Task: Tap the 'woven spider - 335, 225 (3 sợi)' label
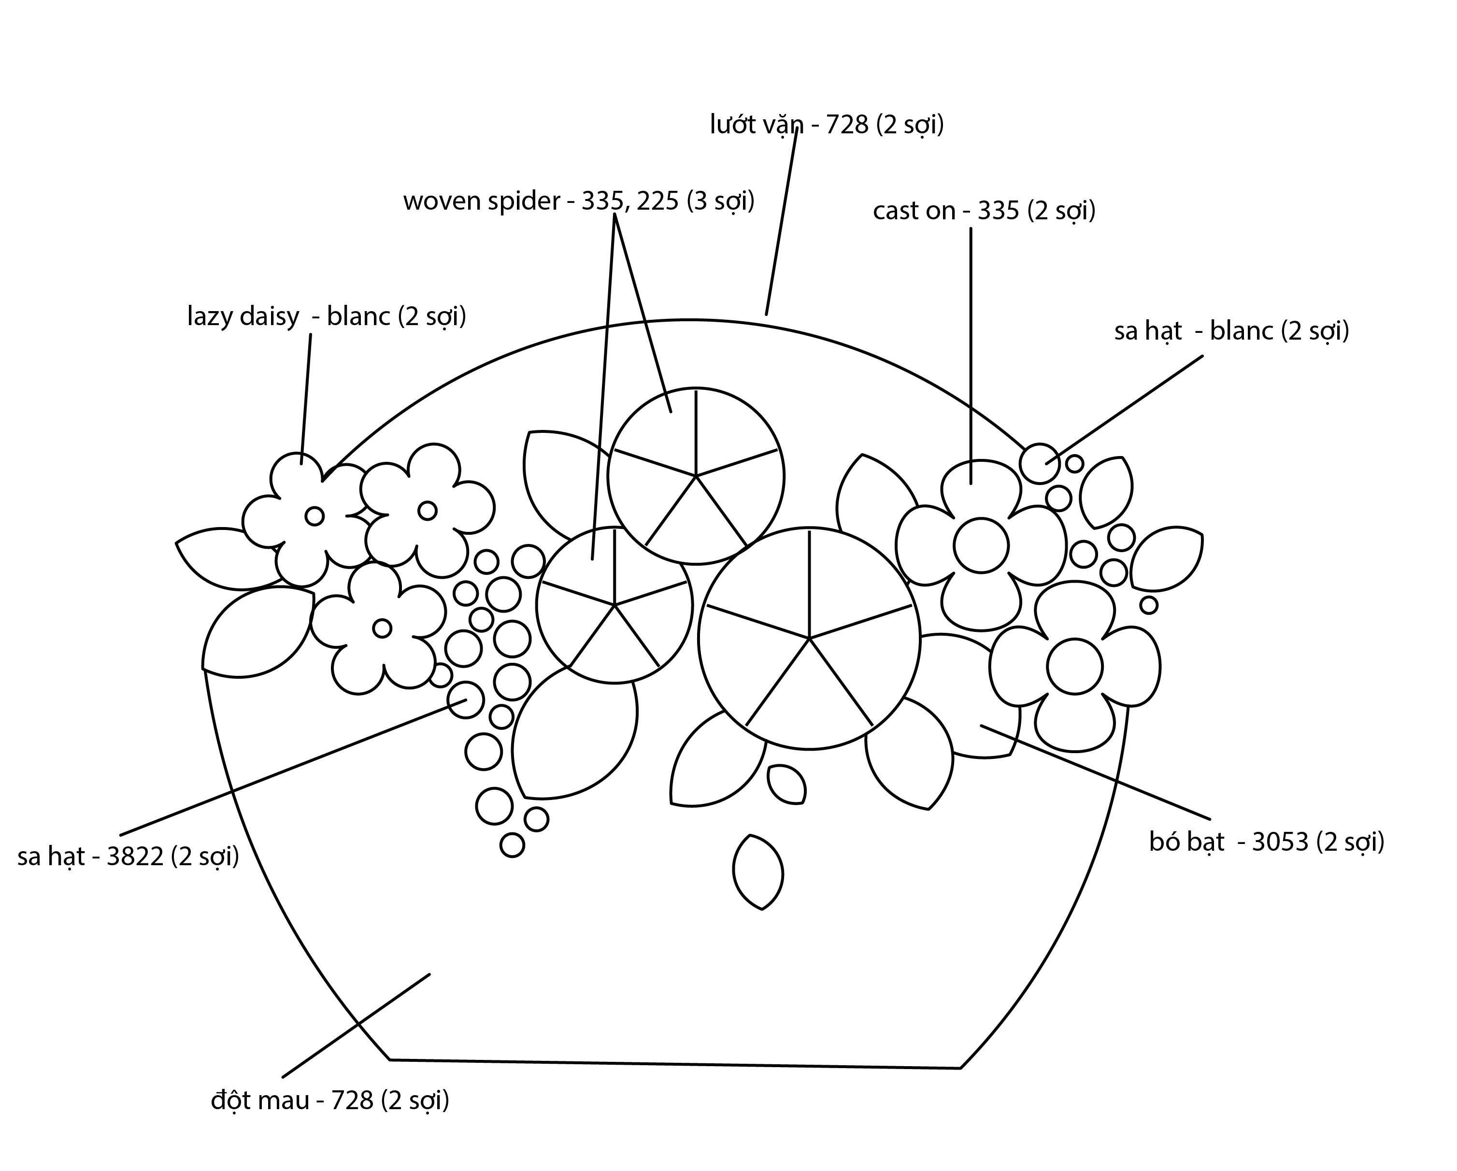(578, 201)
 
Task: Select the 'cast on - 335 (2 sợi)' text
(984, 211)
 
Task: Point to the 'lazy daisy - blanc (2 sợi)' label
(327, 317)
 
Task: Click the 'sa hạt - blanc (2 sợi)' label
(1231, 331)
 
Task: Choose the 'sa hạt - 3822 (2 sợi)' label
(129, 857)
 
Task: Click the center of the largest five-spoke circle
(809, 638)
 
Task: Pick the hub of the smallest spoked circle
(615, 605)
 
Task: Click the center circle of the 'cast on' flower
(981, 545)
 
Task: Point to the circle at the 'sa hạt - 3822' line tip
(466, 700)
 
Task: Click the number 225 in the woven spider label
(657, 201)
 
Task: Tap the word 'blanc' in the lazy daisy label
(358, 317)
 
